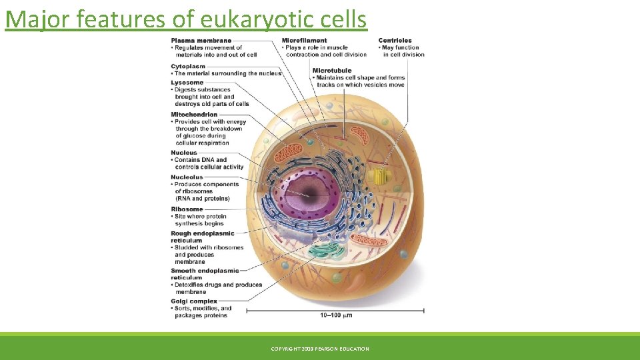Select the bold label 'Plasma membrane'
coord(201,41)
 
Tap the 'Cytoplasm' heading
coord(188,67)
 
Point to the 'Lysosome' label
coord(187,83)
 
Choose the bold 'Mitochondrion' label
coord(193,115)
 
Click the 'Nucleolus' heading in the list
coord(187,177)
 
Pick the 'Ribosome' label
coord(187,209)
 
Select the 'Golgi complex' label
coord(194,301)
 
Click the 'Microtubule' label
coord(331,71)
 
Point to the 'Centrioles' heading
coord(395,41)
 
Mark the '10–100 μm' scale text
coord(336,315)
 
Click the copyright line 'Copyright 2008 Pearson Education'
coord(319,349)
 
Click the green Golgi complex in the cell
coord(327,253)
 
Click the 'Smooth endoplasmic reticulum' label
coord(203,274)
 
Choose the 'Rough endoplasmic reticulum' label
coord(202,237)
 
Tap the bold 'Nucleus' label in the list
coord(184,153)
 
